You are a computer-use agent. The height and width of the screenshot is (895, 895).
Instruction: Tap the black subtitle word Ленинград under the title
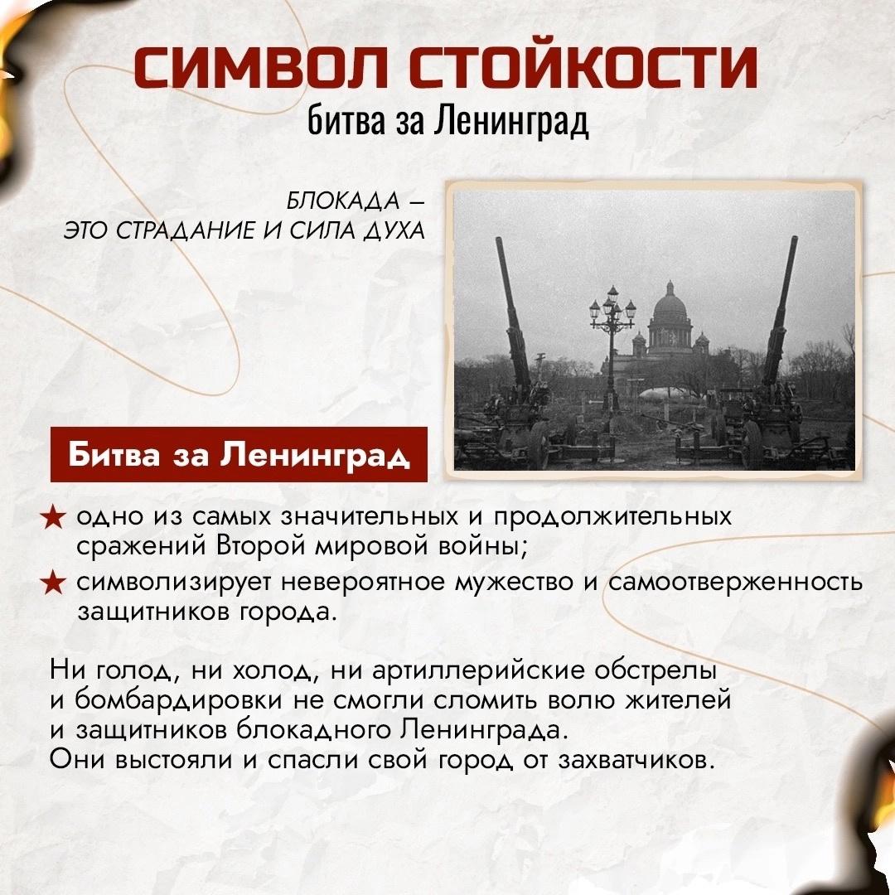(510, 121)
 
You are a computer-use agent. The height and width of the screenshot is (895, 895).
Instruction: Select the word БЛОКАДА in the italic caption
(342, 201)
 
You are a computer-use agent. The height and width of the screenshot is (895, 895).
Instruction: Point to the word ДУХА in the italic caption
(394, 230)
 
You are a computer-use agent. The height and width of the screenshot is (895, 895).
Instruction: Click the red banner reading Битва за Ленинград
(239, 454)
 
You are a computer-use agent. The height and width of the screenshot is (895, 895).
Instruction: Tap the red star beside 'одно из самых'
(52, 517)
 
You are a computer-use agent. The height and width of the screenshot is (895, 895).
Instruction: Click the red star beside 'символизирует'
(52, 583)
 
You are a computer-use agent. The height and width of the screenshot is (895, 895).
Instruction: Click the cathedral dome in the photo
(670, 302)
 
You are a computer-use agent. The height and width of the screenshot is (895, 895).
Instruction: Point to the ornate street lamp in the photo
(612, 348)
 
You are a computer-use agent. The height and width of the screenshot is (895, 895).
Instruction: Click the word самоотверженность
(735, 582)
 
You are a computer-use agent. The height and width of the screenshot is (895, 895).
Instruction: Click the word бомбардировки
(179, 699)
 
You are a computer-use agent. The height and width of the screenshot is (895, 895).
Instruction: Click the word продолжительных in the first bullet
(612, 517)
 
